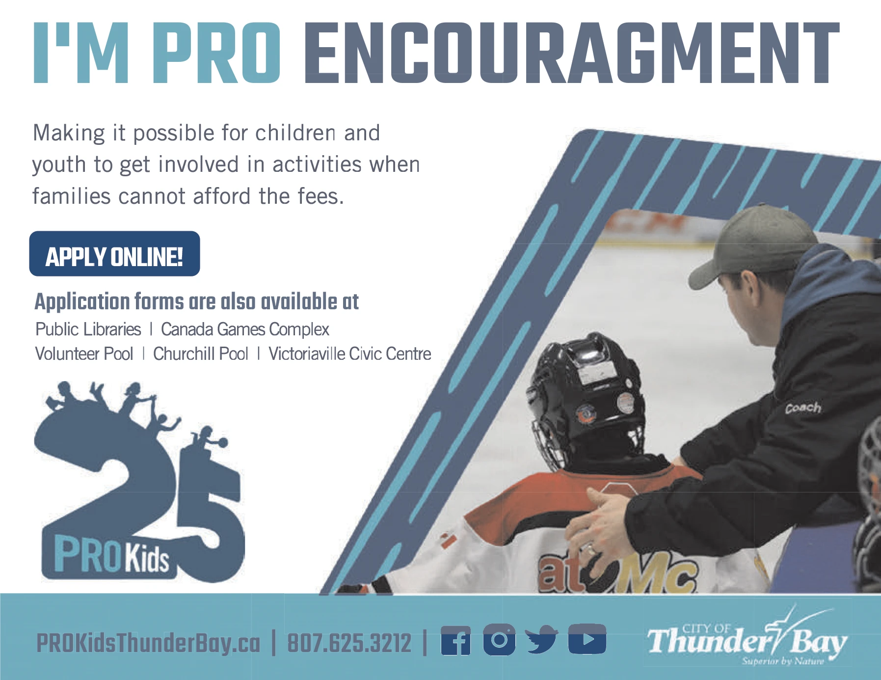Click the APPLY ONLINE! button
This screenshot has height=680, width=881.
tap(114, 254)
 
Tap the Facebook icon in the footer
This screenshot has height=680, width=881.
tap(455, 641)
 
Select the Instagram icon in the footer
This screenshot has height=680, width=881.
tap(499, 640)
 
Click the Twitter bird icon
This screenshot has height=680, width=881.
tap(541, 640)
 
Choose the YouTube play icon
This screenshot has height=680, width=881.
tap(587, 639)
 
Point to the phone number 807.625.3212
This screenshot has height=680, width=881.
tap(349, 643)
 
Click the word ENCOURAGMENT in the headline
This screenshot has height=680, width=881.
tap(572, 53)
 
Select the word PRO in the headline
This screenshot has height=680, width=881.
tap(216, 53)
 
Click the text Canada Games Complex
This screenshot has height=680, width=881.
tap(245, 329)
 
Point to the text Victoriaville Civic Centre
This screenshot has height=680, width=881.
tap(349, 354)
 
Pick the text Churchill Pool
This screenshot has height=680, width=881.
tap(201, 354)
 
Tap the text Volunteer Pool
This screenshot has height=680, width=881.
tap(84, 354)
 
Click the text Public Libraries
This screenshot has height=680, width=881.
tap(88, 329)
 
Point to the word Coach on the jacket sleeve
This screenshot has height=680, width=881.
tap(803, 408)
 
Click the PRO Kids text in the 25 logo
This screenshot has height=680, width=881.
tap(111, 555)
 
